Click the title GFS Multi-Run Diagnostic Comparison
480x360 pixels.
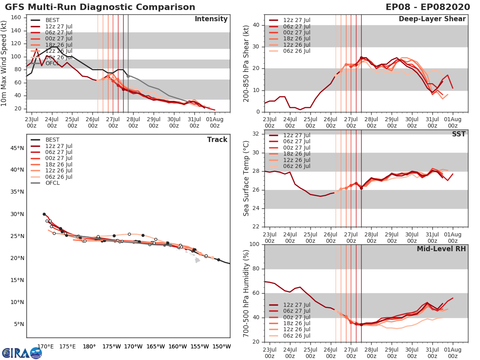coord(100,7)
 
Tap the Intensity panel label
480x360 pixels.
coord(211,19)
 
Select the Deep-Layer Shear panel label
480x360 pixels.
coord(432,19)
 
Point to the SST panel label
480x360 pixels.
coord(458,134)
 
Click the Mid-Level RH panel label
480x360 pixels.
coord(441,249)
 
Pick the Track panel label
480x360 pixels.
coord(217,140)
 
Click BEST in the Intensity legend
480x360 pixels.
coord(52,20)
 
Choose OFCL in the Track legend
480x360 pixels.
coord(52,183)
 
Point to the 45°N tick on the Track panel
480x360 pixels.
coord(16,148)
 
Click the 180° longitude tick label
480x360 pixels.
coord(89,346)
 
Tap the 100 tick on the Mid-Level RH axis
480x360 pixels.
coord(255,244)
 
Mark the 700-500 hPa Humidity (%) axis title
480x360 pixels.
coord(246,293)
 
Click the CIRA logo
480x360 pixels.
coord(22,353)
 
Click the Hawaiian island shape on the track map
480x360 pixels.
coord(197,260)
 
